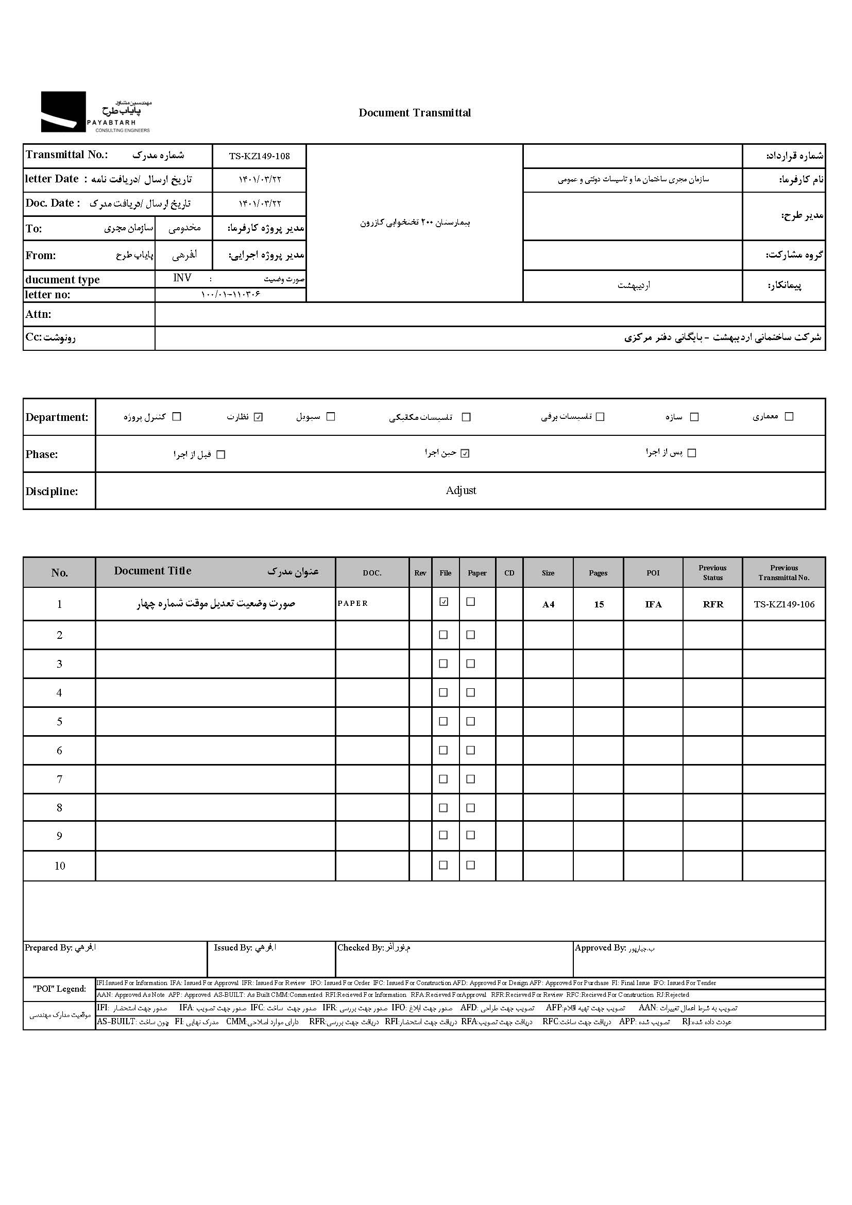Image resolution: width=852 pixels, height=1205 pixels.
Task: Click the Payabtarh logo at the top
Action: coord(95,112)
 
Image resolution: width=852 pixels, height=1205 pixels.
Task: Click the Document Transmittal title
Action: coord(415,113)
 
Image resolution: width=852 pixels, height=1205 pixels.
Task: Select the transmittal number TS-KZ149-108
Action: coord(259,156)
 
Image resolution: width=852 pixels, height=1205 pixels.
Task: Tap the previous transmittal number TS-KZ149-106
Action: coord(784,604)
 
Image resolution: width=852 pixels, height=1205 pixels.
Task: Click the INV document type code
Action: coord(182,278)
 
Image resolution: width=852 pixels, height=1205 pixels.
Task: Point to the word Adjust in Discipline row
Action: coord(461,490)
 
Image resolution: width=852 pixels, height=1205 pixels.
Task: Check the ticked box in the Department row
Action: coord(258,417)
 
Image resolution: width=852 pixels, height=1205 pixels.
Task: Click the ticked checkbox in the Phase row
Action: coord(465,453)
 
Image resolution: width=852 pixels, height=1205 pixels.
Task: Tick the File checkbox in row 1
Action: coord(444,602)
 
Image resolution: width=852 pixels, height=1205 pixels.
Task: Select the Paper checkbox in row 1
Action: coord(471,602)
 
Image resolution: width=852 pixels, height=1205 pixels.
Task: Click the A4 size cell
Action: coord(548,605)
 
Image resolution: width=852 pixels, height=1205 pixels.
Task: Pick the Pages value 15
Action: coord(599,605)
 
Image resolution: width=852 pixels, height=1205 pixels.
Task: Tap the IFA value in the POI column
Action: coord(653,605)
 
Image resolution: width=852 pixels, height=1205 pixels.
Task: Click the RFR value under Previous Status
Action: coord(713,605)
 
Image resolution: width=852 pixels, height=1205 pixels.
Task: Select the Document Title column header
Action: coord(152,571)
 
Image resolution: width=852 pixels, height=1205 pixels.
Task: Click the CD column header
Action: coord(509,573)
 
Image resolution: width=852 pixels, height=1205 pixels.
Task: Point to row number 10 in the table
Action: coord(60,866)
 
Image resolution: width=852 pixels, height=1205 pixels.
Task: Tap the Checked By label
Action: coord(361,948)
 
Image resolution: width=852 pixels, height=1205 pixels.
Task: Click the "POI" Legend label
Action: coord(59,989)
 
